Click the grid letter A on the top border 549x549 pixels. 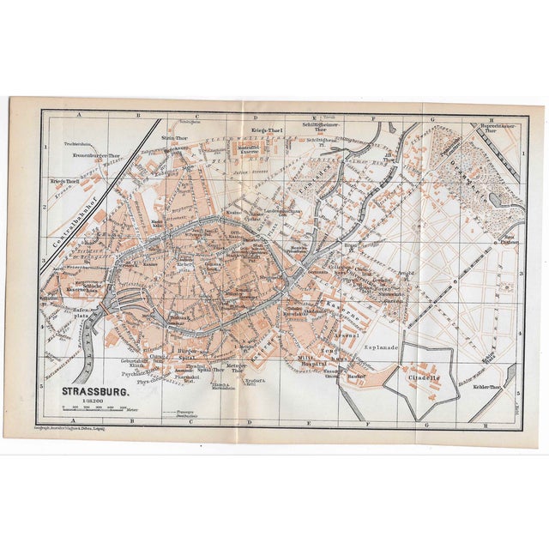pyautogui.click(x=78, y=115)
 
